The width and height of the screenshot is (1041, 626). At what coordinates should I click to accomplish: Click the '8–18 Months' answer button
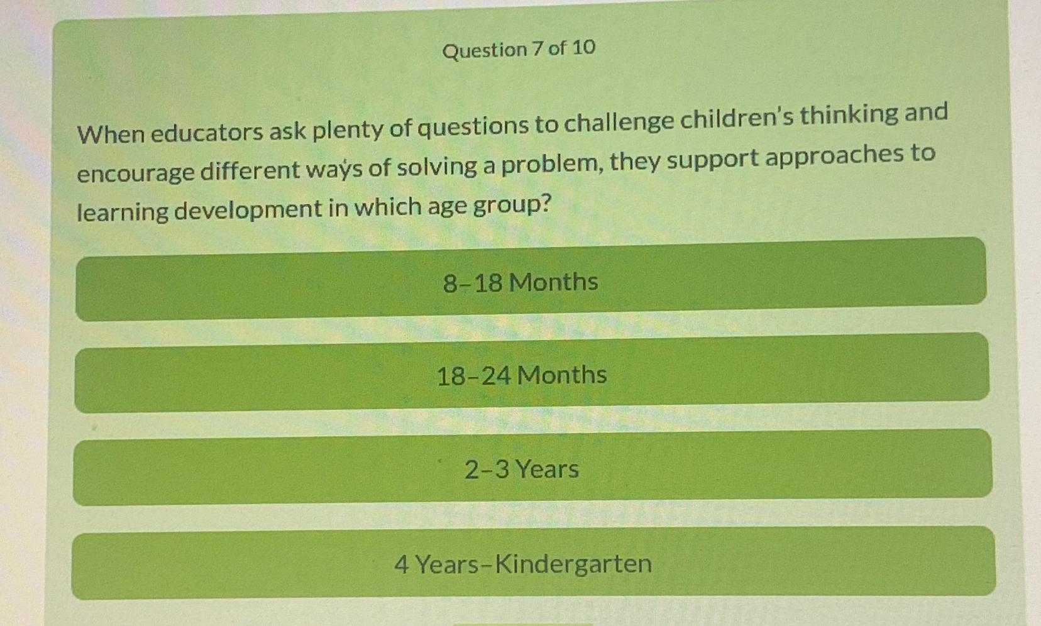[x=520, y=282]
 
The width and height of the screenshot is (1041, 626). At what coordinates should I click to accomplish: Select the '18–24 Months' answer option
[x=521, y=375]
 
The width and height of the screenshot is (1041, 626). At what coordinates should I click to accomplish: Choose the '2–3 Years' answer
[x=522, y=469]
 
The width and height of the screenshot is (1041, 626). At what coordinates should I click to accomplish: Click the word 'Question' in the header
[x=485, y=50]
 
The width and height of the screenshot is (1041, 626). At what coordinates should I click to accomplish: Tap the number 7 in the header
[x=537, y=48]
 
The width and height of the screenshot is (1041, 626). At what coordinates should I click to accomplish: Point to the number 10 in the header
[x=584, y=47]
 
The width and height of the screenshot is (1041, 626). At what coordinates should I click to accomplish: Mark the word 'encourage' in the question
[x=135, y=172]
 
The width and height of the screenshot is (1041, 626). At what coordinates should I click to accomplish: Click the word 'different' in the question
[x=250, y=170]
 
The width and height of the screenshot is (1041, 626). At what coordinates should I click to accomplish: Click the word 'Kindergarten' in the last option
[x=573, y=563]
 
